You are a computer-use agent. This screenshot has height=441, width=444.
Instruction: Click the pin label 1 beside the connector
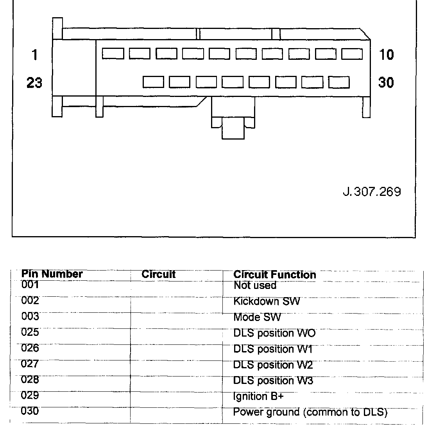pyautogui.click(x=35, y=54)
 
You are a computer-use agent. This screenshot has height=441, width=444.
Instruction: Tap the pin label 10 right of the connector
pyautogui.click(x=386, y=54)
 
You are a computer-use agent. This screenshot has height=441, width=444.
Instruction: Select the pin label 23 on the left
pyautogui.click(x=34, y=83)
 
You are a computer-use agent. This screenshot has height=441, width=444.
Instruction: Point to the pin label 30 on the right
pyautogui.click(x=386, y=82)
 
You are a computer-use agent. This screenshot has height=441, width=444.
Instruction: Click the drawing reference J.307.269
pyautogui.click(x=372, y=192)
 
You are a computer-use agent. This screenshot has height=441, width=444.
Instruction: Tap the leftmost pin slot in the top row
pyautogui.click(x=113, y=54)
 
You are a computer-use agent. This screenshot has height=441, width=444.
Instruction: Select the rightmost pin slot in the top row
pyautogui.click(x=352, y=54)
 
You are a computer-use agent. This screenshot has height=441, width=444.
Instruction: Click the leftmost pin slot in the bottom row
pyautogui.click(x=153, y=82)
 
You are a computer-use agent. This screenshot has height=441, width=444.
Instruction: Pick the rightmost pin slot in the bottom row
pyautogui.click(x=339, y=82)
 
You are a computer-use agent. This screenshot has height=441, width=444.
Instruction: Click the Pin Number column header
pyautogui.click(x=52, y=274)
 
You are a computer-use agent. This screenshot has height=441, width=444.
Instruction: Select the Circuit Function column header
pyautogui.click(x=274, y=274)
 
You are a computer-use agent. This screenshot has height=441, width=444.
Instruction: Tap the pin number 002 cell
pyautogui.click(x=30, y=301)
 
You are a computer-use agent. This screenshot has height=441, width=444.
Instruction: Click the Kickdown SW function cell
pyautogui.click(x=267, y=301)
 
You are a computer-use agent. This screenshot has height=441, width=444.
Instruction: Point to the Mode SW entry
pyautogui.click(x=257, y=317)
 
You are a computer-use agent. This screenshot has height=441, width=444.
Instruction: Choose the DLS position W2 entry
pyautogui.click(x=273, y=365)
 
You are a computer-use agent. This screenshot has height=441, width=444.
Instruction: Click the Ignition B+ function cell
pyautogui.click(x=258, y=396)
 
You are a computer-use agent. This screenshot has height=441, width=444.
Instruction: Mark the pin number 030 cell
pyautogui.click(x=30, y=411)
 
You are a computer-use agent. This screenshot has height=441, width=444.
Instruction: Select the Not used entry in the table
pyautogui.click(x=255, y=285)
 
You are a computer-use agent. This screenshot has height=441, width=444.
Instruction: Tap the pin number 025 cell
pyautogui.click(x=30, y=332)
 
